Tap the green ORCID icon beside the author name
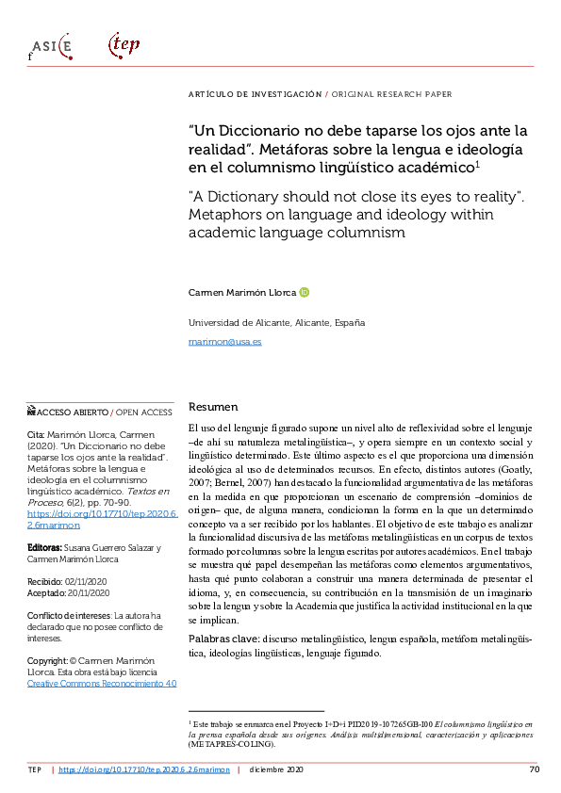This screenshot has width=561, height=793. pos(305,292)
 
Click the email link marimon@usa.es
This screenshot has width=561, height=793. pos(225,341)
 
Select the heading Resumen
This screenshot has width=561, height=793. pos(213,407)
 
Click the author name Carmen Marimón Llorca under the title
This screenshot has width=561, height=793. pos(242,293)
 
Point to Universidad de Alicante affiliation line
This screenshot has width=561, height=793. pos(277,322)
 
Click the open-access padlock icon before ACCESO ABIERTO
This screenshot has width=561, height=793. pos(30,413)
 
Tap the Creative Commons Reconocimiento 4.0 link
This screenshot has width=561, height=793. pos(102,683)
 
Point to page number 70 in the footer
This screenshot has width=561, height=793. pos(534,769)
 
